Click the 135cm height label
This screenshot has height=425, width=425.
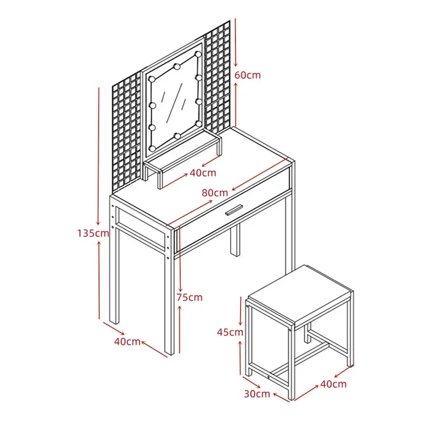[x=93, y=233]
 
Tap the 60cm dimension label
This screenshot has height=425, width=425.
[x=248, y=75]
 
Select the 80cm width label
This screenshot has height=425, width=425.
[x=215, y=193]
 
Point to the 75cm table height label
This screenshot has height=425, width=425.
[x=190, y=297]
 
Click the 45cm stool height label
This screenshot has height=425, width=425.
[x=230, y=332]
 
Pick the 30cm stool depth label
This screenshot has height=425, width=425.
[x=257, y=393]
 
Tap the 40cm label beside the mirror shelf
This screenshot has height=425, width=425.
[x=203, y=173]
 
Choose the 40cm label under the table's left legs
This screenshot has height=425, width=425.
[x=128, y=341]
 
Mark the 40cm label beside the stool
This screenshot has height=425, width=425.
[x=333, y=384]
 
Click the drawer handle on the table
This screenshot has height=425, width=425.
[x=234, y=210]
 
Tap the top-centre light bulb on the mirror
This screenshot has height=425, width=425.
[x=177, y=66]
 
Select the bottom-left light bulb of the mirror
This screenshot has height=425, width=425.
[x=152, y=148]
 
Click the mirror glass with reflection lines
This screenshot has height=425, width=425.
[x=174, y=103]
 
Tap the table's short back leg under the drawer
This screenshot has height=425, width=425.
[x=235, y=240]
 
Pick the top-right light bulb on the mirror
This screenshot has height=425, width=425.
[x=199, y=54]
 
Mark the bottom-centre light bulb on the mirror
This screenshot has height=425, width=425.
[x=177, y=136]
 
